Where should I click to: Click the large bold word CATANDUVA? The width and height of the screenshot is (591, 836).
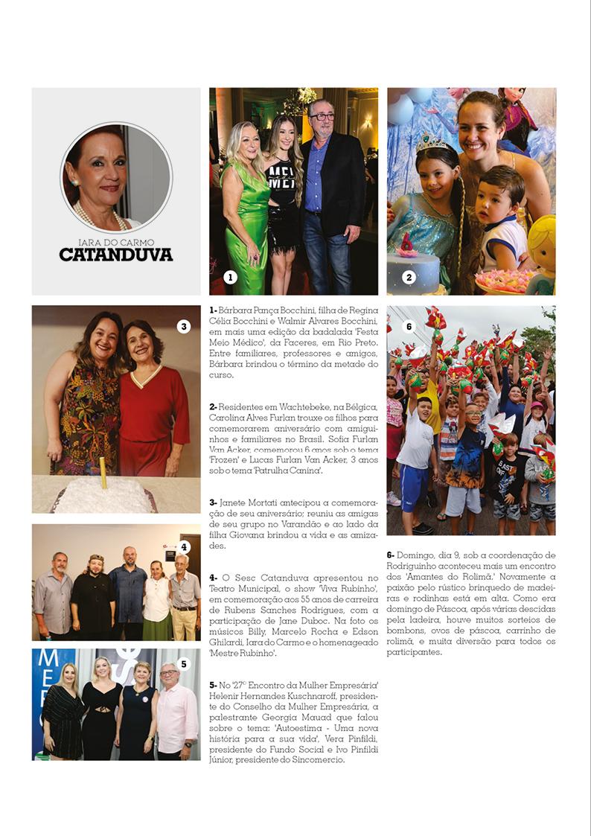coord(116,255)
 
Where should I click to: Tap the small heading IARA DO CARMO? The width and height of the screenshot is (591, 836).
coord(116,242)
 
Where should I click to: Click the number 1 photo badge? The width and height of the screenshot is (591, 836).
coord(230,278)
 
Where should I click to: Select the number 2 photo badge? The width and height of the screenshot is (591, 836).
coord(408,278)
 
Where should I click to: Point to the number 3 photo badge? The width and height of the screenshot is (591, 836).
coord(184,326)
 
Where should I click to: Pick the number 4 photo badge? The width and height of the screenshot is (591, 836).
coord(184,547)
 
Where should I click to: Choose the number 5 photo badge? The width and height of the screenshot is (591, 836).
coord(184,663)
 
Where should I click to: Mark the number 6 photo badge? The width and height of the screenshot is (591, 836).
coord(408,326)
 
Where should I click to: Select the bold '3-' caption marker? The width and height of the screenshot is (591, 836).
coord(213,503)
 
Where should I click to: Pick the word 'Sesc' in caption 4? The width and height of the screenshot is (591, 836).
coord(252,578)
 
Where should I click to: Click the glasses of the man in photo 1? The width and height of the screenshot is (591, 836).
coord(322,117)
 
